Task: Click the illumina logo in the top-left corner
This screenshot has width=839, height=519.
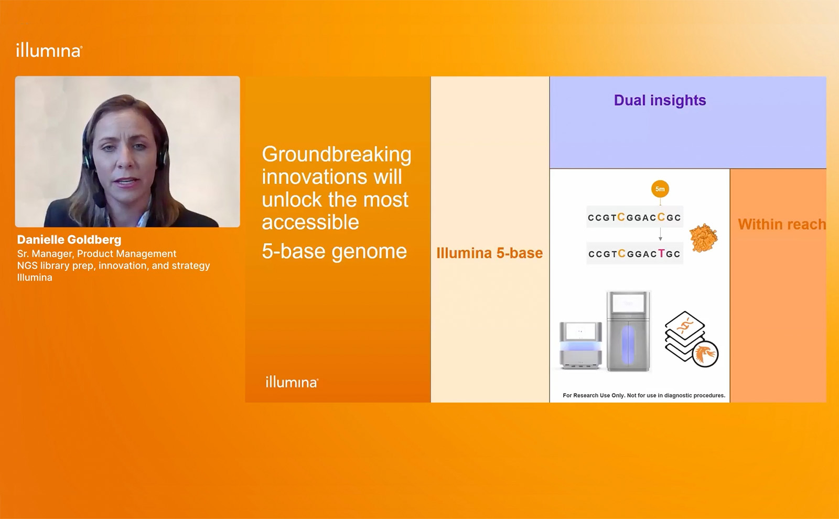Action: pyautogui.click(x=49, y=50)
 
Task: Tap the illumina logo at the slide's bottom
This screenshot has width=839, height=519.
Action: pyautogui.click(x=292, y=382)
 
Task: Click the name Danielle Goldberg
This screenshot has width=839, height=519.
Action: pyautogui.click(x=69, y=240)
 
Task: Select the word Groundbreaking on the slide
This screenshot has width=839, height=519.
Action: pyautogui.click(x=336, y=154)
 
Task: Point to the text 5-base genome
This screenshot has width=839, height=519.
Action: pyautogui.click(x=334, y=251)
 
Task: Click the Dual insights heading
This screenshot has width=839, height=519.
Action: pyautogui.click(x=660, y=100)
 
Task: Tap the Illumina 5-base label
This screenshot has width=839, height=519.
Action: pyautogui.click(x=490, y=253)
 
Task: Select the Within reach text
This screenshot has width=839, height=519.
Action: pyautogui.click(x=782, y=225)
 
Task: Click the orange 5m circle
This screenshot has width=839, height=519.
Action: pyautogui.click(x=660, y=189)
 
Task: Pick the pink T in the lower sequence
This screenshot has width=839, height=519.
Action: pyautogui.click(x=661, y=253)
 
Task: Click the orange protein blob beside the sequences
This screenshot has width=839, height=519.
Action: pyautogui.click(x=703, y=238)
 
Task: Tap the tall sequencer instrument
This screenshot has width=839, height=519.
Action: pyautogui.click(x=628, y=331)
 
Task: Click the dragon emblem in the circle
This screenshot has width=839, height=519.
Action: pyautogui.click(x=705, y=354)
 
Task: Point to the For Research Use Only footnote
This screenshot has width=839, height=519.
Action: pyautogui.click(x=644, y=395)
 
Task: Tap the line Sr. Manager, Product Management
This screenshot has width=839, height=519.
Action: pyautogui.click(x=96, y=253)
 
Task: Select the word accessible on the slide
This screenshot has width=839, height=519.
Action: pyautogui.click(x=310, y=223)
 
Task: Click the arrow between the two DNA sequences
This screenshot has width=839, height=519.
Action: pyautogui.click(x=660, y=234)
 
